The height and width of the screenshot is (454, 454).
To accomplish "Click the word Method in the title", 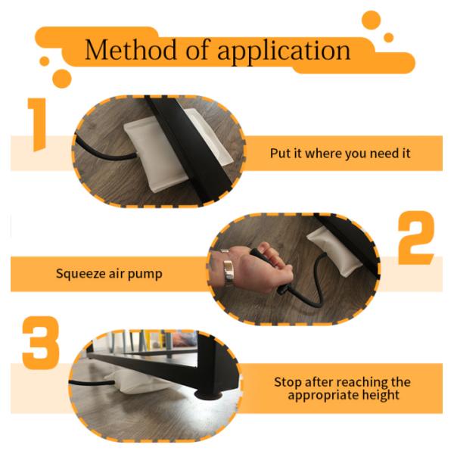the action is click(130, 49).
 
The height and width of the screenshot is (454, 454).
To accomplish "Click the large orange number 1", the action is click(37, 125).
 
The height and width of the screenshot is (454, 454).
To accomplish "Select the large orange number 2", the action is click(416, 238).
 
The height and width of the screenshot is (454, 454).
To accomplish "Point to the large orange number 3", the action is click(41, 343).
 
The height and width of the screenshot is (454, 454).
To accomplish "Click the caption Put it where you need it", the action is click(340, 153).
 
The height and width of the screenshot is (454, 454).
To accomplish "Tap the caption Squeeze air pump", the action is click(109, 274).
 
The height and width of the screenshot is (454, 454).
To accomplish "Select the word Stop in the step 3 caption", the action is click(288, 382).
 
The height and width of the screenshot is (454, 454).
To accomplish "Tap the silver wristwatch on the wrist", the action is click(228, 270).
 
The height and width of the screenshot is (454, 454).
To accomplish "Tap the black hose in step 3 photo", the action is click(92, 383).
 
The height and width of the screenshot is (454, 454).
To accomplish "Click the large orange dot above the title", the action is click(371, 20).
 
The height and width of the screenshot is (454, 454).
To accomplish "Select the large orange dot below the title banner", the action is click(62, 79).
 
